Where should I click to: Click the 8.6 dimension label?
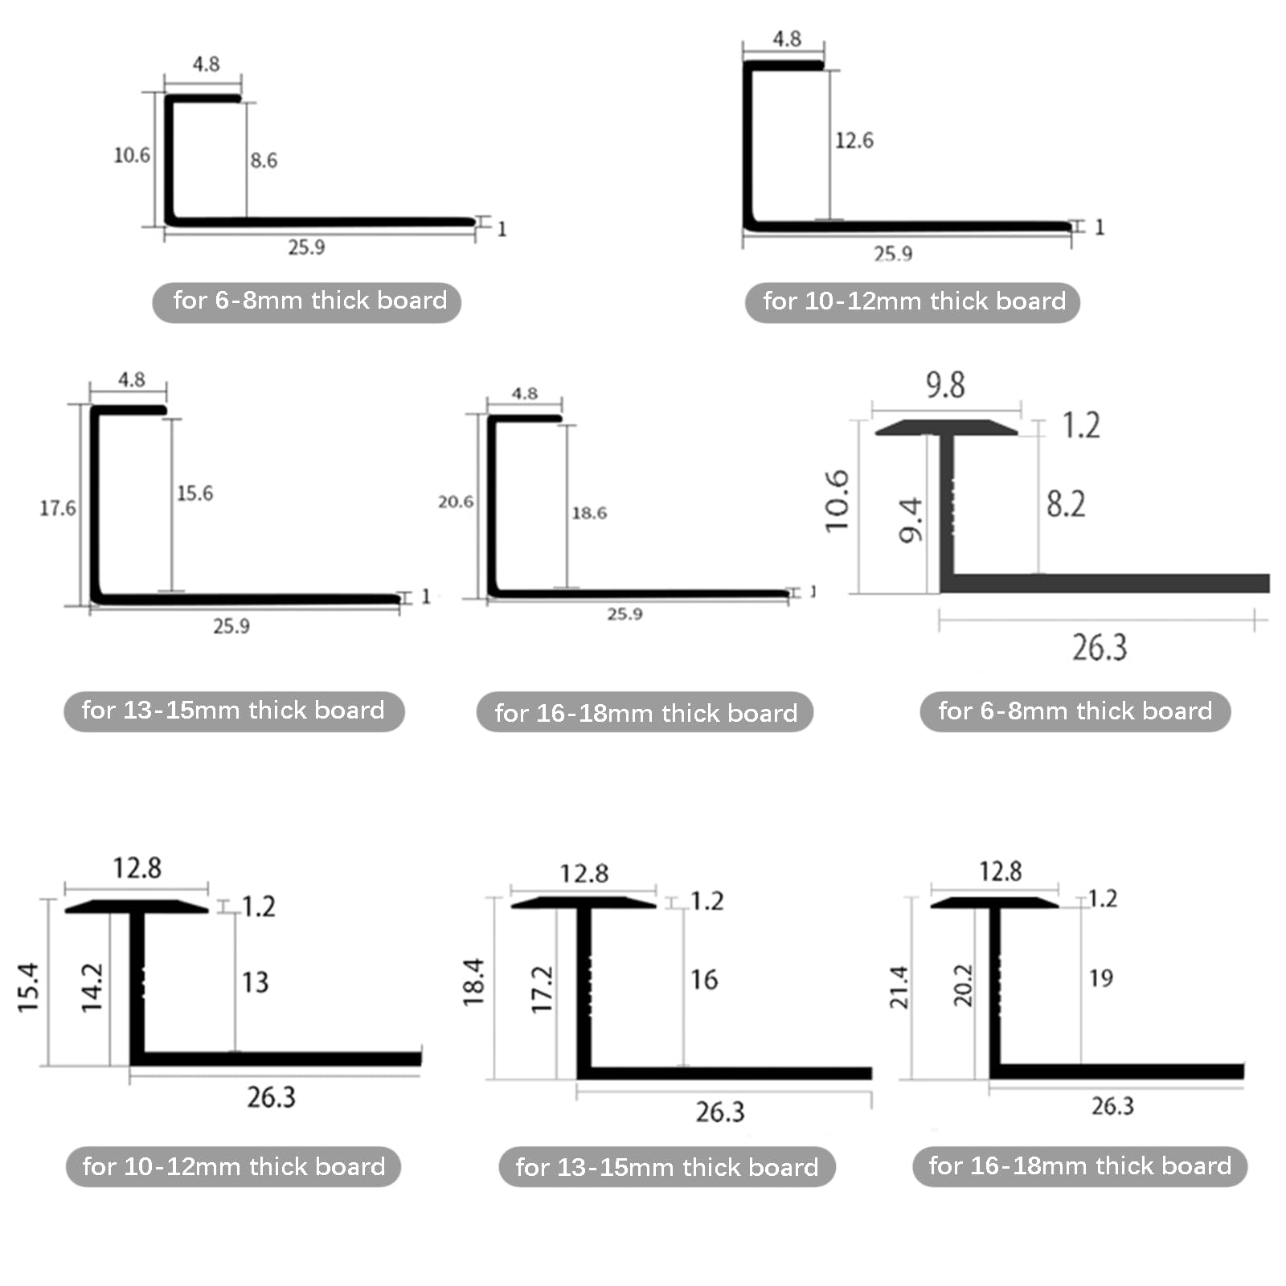pyautogui.click(x=264, y=161)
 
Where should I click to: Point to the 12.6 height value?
pyautogui.click(x=854, y=141)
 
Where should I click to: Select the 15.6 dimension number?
pyautogui.click(x=195, y=494)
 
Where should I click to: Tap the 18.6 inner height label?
pyautogui.click(x=589, y=513)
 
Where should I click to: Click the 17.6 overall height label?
pyautogui.click(x=58, y=508)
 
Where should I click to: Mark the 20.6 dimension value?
pyautogui.click(x=456, y=502)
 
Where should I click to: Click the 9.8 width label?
pyautogui.click(x=945, y=385)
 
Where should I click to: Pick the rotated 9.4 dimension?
pyautogui.click(x=911, y=520)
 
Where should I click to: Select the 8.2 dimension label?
pyautogui.click(x=1066, y=504)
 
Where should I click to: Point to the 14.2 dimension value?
pyautogui.click(x=92, y=987)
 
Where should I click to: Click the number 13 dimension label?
pyautogui.click(x=256, y=982)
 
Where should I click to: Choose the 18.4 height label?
pyautogui.click(x=474, y=982)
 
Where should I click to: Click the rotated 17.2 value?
pyautogui.click(x=543, y=989)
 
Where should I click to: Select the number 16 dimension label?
pyautogui.click(x=704, y=980)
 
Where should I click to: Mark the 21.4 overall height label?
pyautogui.click(x=899, y=987)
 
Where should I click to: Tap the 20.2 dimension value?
pyautogui.click(x=963, y=985)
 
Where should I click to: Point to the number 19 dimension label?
pyautogui.click(x=1101, y=978)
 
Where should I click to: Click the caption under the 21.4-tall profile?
pyautogui.click(x=1079, y=1166)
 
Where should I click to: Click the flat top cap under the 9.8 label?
pyautogui.click(x=947, y=427)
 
